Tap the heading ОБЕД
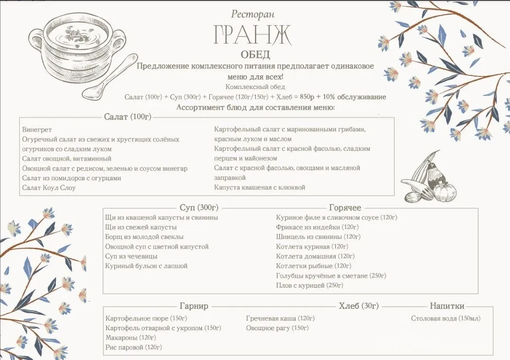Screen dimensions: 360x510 click(x=255, y=54)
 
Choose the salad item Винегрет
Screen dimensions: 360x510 click(x=37, y=130)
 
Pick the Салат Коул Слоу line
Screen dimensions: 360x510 click(x=49, y=188)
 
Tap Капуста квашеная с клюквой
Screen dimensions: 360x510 click(x=259, y=187)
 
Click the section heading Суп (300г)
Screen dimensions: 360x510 click(x=199, y=208)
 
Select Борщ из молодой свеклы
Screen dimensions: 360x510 click(x=144, y=237)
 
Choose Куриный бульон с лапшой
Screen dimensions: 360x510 click(x=146, y=266)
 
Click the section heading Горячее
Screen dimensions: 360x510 click(x=345, y=208)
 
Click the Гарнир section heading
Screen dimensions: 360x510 click(x=194, y=306)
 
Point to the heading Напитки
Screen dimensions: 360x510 click(x=447, y=306)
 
